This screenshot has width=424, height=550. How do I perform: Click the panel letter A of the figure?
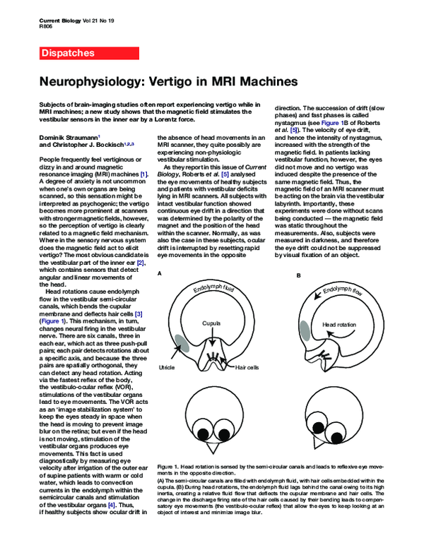160,273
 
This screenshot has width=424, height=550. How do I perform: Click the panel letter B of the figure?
299,273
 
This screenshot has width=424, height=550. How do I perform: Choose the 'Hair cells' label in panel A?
249,368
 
